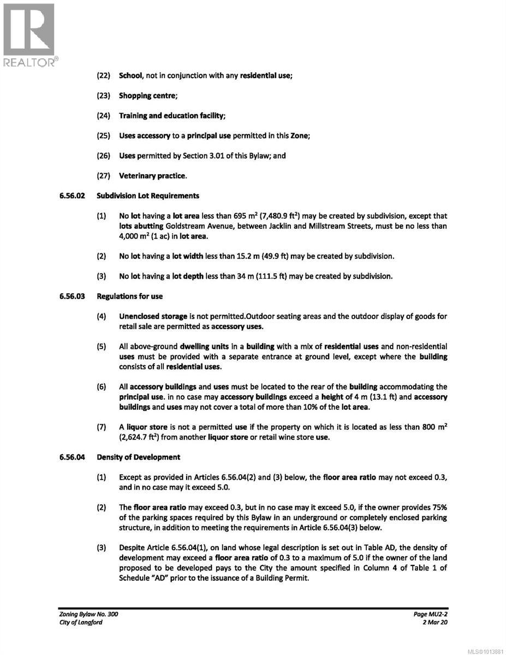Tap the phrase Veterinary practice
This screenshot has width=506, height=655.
[152, 176]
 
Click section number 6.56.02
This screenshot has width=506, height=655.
[72, 195]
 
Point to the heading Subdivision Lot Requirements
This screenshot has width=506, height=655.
[148, 195]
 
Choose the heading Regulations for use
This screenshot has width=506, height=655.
[129, 296]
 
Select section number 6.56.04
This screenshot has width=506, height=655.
[72, 457]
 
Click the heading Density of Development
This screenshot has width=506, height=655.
[138, 457]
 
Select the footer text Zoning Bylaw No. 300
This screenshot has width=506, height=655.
[88, 614]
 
